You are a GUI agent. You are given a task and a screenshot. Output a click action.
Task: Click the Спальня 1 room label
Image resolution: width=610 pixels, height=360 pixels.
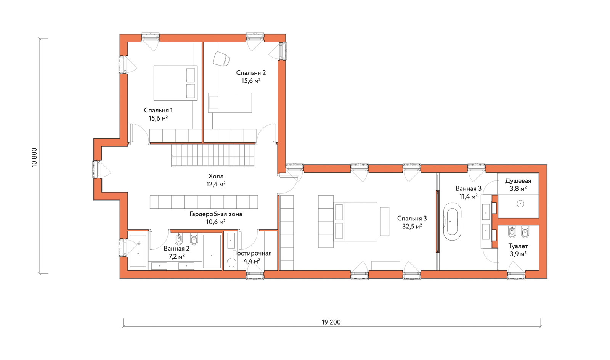[158, 110]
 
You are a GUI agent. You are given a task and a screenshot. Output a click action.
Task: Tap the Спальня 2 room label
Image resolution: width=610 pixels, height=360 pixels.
[251, 73]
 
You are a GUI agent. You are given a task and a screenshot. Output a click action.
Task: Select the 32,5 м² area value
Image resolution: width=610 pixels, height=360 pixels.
[412, 226]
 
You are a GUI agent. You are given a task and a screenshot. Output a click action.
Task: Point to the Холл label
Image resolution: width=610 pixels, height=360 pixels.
[216, 176]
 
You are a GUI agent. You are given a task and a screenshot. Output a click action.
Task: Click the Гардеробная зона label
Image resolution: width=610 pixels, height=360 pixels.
[216, 214]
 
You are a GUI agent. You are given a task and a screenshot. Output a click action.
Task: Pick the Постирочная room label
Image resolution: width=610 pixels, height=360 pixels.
[252, 253]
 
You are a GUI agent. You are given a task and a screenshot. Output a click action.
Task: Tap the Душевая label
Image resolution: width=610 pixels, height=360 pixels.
[518, 181]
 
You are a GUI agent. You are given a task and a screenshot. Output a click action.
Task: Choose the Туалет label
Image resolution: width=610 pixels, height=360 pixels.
[518, 246]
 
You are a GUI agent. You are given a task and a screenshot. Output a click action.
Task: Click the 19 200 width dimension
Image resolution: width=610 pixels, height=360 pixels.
[331, 322]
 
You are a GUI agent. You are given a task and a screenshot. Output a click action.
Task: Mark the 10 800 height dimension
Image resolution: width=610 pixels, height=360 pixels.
[34, 157]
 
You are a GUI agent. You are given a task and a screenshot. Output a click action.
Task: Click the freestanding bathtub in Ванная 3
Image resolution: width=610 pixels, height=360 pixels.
[452, 221]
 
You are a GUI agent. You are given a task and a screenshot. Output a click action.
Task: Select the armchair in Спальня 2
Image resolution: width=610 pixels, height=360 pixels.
[221, 59]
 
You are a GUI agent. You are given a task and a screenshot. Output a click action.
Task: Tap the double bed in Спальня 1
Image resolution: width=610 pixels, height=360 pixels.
[175, 83]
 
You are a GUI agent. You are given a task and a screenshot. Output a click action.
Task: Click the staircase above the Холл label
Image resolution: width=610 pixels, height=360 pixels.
[213, 155]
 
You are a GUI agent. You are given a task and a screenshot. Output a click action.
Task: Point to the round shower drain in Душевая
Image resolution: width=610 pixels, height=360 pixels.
[520, 204]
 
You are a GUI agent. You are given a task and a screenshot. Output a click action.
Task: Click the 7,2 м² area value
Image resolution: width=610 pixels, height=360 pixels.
[177, 257]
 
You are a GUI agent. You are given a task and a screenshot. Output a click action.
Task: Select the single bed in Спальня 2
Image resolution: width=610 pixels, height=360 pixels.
[230, 103]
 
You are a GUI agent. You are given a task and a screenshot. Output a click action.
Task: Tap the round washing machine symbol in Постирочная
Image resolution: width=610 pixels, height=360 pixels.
[232, 262]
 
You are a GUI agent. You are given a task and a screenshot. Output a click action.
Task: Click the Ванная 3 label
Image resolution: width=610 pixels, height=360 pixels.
[469, 188]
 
